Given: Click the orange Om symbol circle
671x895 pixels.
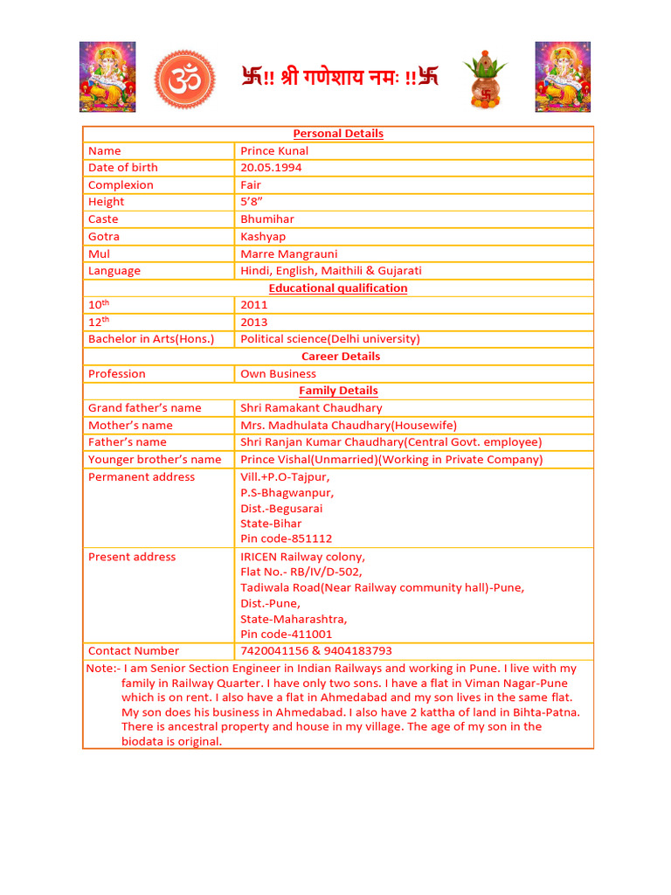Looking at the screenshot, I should click(183, 79).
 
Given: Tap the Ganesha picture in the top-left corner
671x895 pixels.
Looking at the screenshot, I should click(107, 77).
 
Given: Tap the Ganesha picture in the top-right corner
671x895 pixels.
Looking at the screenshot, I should click(563, 77).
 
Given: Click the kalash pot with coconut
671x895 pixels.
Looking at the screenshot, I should click(486, 79).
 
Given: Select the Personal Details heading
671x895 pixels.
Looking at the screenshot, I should click(338, 134).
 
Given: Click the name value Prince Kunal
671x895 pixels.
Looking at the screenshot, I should click(274, 151).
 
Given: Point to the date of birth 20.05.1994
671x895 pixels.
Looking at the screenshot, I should click(271, 168).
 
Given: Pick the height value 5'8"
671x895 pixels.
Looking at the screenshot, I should click(252, 202).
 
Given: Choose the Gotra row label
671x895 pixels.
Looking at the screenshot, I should click(104, 237).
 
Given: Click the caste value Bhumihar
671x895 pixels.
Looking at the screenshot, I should click(267, 219).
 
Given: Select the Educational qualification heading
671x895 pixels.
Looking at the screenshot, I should click(338, 288).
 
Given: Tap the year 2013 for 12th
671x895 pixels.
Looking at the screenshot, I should click(254, 323).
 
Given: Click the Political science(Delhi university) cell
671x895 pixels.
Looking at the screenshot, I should click(330, 339).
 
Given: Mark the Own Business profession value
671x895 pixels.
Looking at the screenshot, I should click(279, 374).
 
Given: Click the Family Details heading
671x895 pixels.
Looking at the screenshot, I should click(338, 391).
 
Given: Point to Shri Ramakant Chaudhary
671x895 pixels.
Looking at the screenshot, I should click(311, 408).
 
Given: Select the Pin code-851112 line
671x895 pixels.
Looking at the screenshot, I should click(287, 539).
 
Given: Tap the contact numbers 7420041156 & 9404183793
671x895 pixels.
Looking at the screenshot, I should click(316, 651).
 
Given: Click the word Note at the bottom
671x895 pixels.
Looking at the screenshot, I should click(99, 669).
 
